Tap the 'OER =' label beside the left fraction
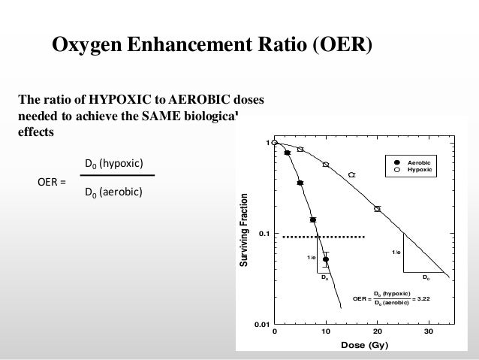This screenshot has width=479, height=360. [52, 181]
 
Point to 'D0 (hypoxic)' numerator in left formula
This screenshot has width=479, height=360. [113, 164]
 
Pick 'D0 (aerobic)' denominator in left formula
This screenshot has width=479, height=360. [113, 193]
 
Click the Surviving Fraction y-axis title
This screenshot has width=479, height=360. [243, 233]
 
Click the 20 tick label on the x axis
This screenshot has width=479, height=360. [378, 331]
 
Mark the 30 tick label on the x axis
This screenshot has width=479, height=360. [429, 331]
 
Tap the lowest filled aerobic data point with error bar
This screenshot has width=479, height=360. [326, 259]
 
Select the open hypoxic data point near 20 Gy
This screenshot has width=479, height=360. [378, 209]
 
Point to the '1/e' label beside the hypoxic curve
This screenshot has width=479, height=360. [396, 253]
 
